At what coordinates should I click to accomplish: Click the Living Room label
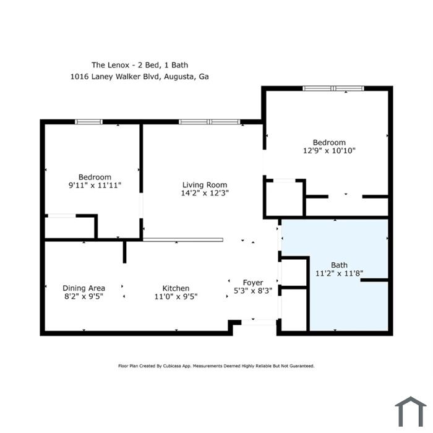[x=205, y=185]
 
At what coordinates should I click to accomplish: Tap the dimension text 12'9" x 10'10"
[x=329, y=150]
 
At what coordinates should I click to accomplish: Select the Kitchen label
[x=176, y=288]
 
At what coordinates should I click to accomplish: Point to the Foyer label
[x=253, y=283]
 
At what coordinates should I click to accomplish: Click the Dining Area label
[x=84, y=288]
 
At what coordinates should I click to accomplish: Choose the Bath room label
[x=339, y=265]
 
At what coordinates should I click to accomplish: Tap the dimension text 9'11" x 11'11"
[x=95, y=186]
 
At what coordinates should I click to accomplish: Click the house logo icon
[x=411, y=411]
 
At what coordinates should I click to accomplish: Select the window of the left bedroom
[x=88, y=122]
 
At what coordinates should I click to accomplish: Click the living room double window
[x=210, y=122]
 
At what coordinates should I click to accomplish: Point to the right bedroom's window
[x=333, y=88]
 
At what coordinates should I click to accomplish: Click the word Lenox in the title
[x=119, y=65]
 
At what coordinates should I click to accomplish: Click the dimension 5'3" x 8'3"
[x=253, y=291]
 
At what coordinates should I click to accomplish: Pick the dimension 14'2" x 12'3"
[x=205, y=193]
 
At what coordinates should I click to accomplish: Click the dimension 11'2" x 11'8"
[x=339, y=273]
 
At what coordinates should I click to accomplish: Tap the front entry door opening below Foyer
[x=259, y=322]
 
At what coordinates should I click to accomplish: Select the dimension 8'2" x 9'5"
[x=84, y=296]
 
